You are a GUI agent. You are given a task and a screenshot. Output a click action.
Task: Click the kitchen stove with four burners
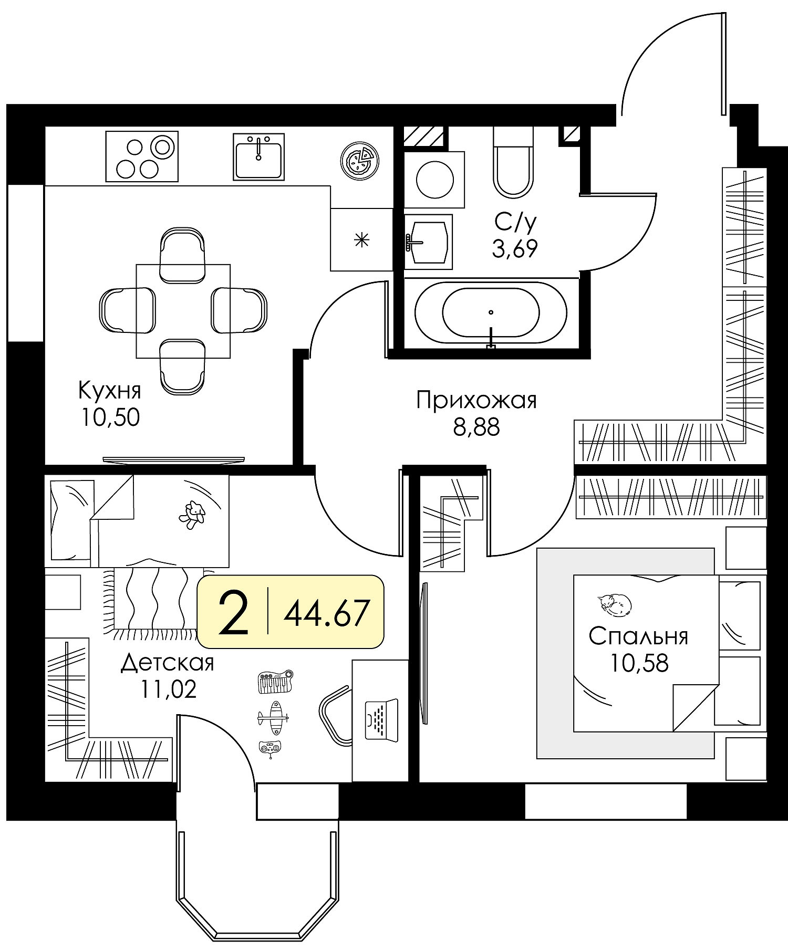point(142,156)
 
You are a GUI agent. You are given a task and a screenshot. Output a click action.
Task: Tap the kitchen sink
point(258,156)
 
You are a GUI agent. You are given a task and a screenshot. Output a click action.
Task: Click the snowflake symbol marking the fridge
point(361,241)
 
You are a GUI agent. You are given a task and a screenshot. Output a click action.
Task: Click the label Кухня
point(110,391)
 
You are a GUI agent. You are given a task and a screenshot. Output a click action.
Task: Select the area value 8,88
point(476,428)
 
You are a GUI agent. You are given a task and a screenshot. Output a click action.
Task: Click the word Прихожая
point(476,401)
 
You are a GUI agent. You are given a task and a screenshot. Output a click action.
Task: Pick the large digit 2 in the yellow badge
point(233,612)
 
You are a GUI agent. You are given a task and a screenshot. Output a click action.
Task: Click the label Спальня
point(638,636)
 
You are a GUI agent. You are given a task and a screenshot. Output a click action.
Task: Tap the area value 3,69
point(515,249)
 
